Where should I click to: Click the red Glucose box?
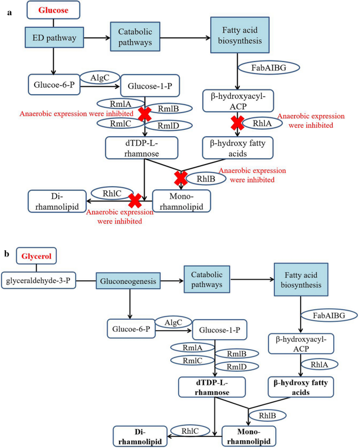tap(53, 9)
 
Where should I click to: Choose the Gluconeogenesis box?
tap(127, 282)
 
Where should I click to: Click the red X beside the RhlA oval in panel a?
tap(238, 122)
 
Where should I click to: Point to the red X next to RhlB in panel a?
tap(180, 178)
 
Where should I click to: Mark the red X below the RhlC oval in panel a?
tap(135, 200)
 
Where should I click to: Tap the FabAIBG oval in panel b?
tap(328, 315)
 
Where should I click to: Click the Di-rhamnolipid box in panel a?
tap(57, 202)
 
